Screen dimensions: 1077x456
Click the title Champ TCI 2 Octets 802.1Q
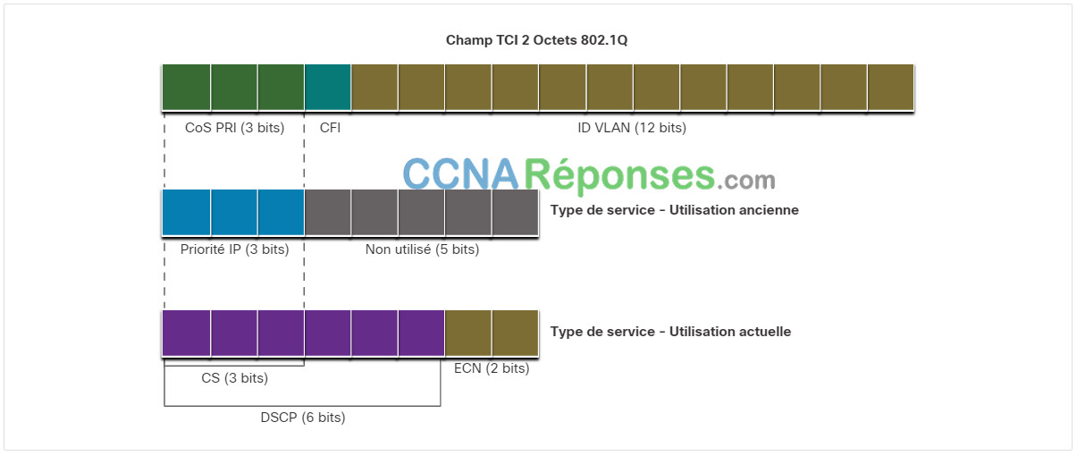(x=536, y=40)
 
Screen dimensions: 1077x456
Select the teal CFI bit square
(x=327, y=87)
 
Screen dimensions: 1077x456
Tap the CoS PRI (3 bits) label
(x=235, y=128)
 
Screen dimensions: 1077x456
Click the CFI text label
(x=330, y=128)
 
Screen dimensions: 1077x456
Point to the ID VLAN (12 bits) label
(x=632, y=128)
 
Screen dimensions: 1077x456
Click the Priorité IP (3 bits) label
(x=235, y=249)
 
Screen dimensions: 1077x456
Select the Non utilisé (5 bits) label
(x=422, y=249)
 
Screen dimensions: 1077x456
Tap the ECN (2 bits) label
(x=492, y=368)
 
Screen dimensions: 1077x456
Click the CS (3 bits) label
(x=235, y=378)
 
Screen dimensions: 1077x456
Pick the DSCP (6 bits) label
(x=303, y=417)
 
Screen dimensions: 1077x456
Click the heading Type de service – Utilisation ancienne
(x=674, y=210)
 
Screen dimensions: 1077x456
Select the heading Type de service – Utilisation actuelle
(x=670, y=332)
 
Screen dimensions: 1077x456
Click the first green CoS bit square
(x=186, y=87)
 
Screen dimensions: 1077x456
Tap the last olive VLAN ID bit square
(x=891, y=87)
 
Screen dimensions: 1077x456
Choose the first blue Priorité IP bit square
(x=186, y=212)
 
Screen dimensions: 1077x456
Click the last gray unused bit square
(x=515, y=212)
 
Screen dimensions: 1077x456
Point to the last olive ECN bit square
(x=515, y=333)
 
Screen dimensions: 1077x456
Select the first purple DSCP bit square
(x=186, y=333)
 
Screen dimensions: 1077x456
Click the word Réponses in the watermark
(x=619, y=175)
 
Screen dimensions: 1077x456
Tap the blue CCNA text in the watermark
(x=461, y=173)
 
